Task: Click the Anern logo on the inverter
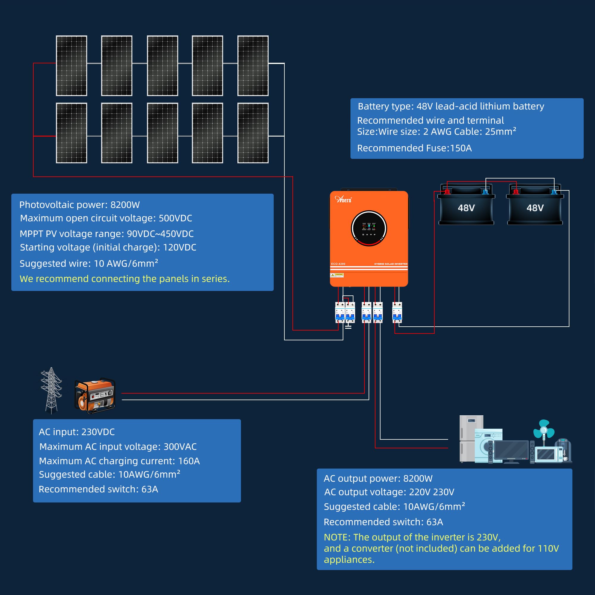click(343, 199)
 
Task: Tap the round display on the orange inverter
click(369, 228)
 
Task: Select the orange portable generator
click(95, 395)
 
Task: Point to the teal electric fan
click(544, 430)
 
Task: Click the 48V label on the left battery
click(466, 208)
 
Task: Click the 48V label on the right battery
click(535, 208)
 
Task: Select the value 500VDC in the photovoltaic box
click(175, 218)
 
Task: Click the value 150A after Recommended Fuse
click(461, 148)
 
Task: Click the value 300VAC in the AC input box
click(180, 447)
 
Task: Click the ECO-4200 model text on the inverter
click(338, 264)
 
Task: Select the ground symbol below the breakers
click(348, 326)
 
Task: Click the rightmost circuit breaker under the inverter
click(397, 312)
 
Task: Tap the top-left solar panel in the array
click(71, 65)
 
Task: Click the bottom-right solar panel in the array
click(253, 133)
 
